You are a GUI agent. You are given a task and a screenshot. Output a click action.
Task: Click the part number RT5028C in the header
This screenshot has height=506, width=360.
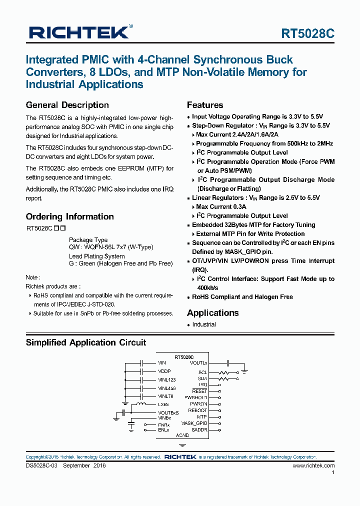coord(307,33)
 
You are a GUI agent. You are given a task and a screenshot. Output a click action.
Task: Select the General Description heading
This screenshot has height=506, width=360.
coord(67,105)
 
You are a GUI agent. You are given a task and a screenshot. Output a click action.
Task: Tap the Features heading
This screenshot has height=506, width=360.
coord(205,105)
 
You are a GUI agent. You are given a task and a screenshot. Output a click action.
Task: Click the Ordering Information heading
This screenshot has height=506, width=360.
coord(69,216)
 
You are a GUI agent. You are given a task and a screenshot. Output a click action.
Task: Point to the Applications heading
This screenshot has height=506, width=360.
coord(212,313)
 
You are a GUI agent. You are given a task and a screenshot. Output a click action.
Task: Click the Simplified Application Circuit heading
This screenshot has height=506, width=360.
coord(85,342)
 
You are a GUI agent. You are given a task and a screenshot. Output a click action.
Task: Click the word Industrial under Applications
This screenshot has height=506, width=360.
coord(204,324)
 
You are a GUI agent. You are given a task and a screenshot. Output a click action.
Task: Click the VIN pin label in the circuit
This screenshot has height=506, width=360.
coord(161,362)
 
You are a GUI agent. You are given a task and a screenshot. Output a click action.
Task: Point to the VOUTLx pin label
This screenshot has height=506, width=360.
coord(198,362)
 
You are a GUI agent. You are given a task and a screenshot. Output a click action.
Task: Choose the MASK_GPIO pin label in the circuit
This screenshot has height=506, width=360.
coord(194,423)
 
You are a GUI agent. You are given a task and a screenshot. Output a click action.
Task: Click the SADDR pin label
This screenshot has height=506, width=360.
coord(199,429)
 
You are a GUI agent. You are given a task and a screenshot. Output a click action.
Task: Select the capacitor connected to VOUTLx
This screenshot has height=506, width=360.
coord(228,362)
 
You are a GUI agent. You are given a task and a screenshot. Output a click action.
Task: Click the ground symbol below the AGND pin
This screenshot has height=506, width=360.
coord(182,444)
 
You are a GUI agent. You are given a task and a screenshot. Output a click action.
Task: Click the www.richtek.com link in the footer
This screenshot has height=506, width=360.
coord(313,465)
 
